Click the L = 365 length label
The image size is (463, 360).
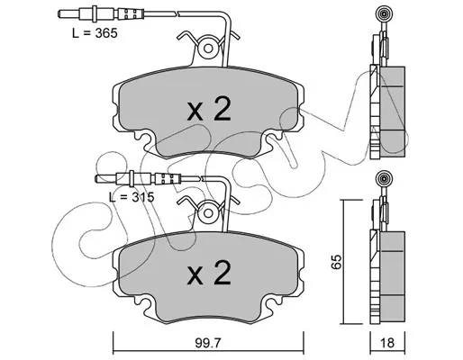(x=95, y=33)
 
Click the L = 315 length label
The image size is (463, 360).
(x=132, y=197)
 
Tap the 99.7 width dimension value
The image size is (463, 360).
(x=208, y=343)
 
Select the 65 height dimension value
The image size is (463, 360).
(x=337, y=262)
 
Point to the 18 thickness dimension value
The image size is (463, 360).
(x=387, y=343)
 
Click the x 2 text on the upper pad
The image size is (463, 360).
(x=209, y=109)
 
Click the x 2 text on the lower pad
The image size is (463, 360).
(x=209, y=272)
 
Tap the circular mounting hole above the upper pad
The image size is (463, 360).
(x=208, y=49)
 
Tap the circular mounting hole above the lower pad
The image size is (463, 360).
(x=208, y=213)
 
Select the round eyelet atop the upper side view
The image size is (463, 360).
(x=384, y=13)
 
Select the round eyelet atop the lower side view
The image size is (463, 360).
(x=384, y=178)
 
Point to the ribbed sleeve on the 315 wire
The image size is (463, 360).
(x=168, y=179)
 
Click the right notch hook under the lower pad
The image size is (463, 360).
(x=274, y=301)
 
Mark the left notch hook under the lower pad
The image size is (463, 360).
(x=141, y=301)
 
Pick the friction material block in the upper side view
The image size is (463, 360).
(x=393, y=112)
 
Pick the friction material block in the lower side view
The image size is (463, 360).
(x=393, y=277)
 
